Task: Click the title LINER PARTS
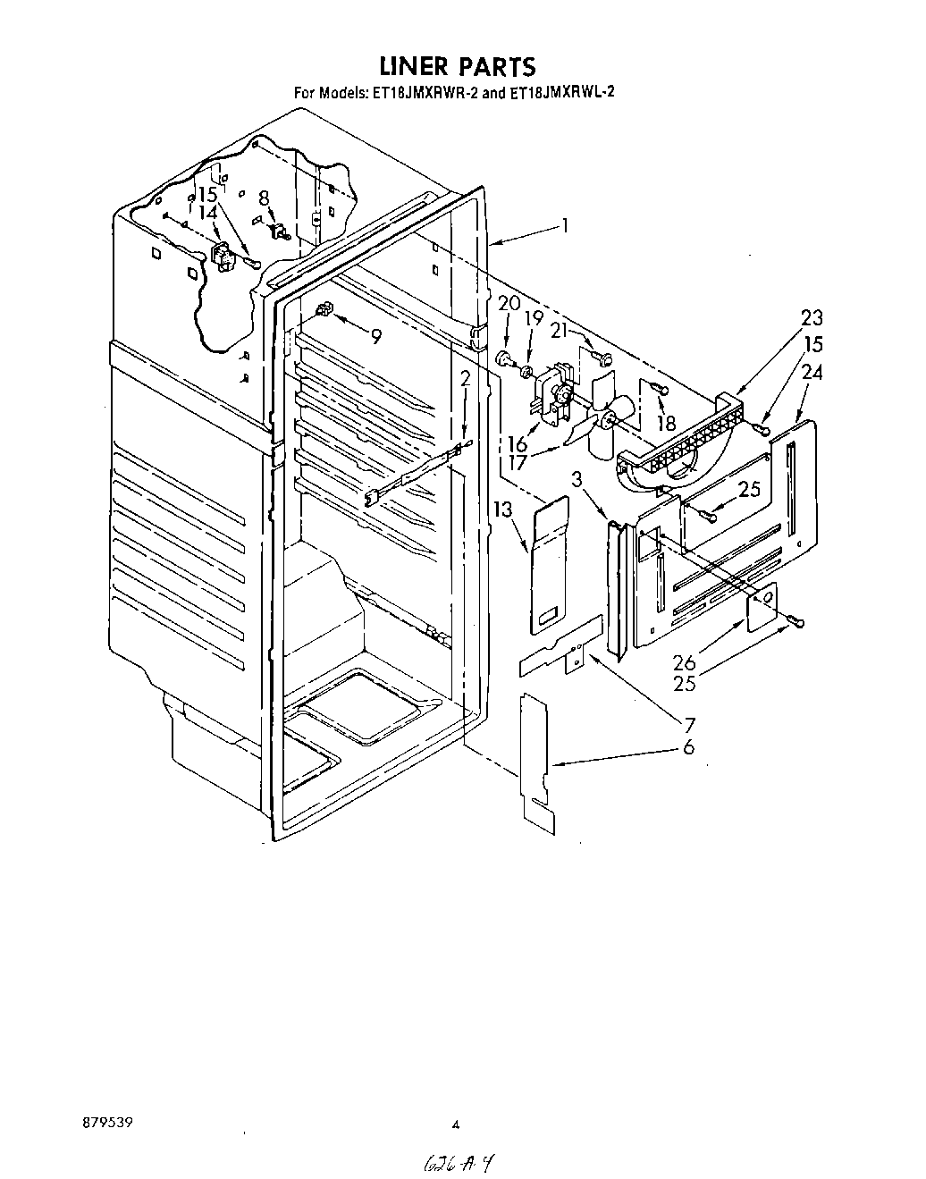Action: pos(457,66)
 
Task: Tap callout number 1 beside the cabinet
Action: pos(565,226)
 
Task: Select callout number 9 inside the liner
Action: pos(375,337)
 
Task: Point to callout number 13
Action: pos(503,509)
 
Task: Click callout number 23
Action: pos(812,317)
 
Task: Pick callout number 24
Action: pos(812,373)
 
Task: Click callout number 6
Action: pos(688,747)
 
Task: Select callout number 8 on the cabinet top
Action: pos(264,198)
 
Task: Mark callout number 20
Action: pos(509,304)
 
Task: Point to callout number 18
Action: pos(666,423)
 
